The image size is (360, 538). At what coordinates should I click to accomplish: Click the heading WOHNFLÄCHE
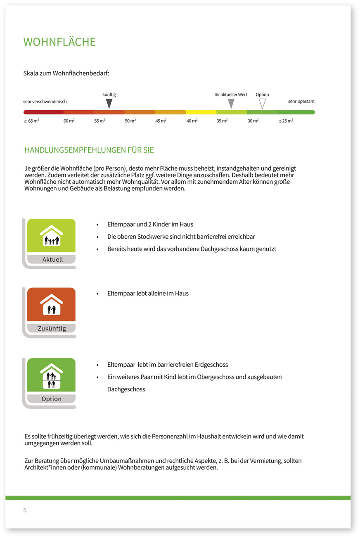click(x=59, y=42)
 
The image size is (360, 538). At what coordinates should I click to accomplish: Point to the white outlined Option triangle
click(x=262, y=103)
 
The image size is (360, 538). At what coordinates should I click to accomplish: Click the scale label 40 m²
click(x=192, y=121)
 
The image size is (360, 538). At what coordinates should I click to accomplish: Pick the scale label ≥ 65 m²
click(x=32, y=121)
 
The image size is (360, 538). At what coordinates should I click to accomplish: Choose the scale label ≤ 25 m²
click(x=286, y=121)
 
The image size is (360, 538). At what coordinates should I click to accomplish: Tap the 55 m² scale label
click(x=99, y=121)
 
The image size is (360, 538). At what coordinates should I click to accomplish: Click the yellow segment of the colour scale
click(x=201, y=112)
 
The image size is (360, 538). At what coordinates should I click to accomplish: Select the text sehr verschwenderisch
click(x=45, y=102)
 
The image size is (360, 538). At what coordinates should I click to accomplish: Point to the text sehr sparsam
click(x=301, y=101)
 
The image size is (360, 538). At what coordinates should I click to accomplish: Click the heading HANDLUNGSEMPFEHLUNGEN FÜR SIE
click(x=89, y=150)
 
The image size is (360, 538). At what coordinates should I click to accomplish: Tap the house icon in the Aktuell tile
click(x=52, y=236)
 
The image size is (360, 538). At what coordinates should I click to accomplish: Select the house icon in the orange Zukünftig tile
click(x=52, y=305)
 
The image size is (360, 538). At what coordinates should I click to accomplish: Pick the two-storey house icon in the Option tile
click(x=52, y=376)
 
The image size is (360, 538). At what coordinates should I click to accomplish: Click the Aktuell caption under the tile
click(x=52, y=260)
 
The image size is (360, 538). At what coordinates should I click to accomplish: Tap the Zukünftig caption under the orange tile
click(x=52, y=329)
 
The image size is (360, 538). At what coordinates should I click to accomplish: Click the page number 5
click(x=25, y=510)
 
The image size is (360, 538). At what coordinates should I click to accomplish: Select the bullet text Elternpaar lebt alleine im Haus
click(x=148, y=294)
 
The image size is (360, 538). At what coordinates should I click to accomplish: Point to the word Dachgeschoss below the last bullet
click(x=126, y=389)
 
